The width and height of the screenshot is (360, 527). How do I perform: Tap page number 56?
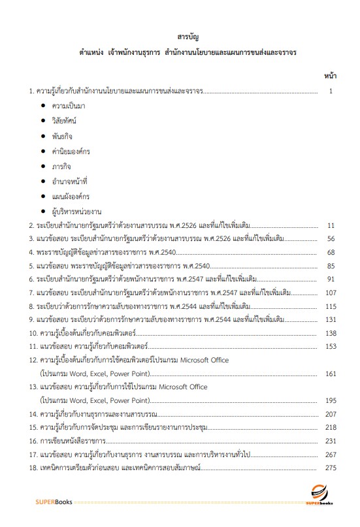pos(331,239)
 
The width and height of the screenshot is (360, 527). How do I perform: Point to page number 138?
pos(330,333)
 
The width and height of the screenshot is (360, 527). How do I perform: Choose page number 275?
pos(330,468)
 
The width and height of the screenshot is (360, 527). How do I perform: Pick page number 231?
pos(330,441)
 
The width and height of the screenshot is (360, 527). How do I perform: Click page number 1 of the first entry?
pos(332,91)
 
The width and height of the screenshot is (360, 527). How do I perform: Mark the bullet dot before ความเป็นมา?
pos(43,106)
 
